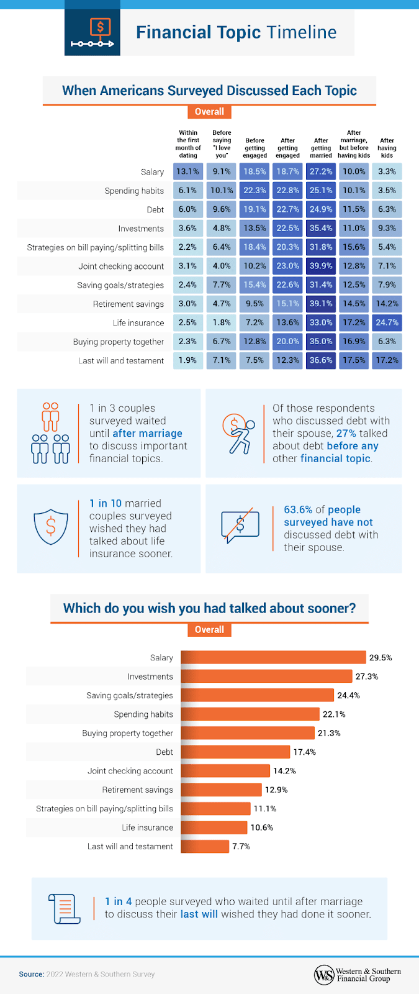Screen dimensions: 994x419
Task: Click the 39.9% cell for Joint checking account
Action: click(321, 266)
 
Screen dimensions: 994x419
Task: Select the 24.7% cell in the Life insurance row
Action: click(387, 322)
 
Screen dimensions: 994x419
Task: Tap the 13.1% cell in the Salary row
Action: click(187, 171)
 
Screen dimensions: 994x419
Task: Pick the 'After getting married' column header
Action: click(321, 148)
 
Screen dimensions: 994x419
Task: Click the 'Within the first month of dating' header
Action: click(188, 144)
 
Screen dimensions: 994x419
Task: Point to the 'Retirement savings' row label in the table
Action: click(128, 304)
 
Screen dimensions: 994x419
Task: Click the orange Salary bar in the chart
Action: click(273, 657)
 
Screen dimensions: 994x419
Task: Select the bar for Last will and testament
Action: click(205, 846)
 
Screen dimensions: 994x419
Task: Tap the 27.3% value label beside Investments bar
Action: click(367, 677)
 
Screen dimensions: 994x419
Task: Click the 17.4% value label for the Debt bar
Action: click(305, 752)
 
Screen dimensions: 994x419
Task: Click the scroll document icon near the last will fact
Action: click(64, 909)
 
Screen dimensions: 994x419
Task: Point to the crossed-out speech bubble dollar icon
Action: click(240, 526)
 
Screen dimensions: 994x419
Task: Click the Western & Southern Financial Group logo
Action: click(358, 974)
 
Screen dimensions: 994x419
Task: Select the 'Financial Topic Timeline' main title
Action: click(236, 32)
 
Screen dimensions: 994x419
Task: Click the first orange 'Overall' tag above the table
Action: click(209, 112)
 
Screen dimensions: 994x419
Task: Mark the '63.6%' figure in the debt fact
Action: click(298, 509)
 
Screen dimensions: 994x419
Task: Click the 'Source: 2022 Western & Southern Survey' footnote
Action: click(87, 974)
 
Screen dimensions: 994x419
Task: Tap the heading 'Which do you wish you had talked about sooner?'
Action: click(209, 608)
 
